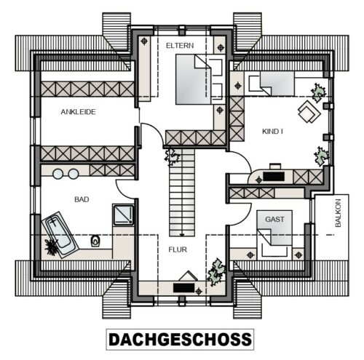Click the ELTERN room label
[x=180, y=45]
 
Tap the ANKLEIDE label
[x=78, y=112]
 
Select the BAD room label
[x=82, y=199]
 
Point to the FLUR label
[x=178, y=249]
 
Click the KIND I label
[x=272, y=132]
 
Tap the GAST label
[x=274, y=220]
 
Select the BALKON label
[x=338, y=213]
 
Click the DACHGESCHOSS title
[x=180, y=340]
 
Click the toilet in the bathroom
[x=96, y=241]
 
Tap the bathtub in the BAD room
[x=60, y=235]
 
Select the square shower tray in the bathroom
[x=124, y=215]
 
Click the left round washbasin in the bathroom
[x=58, y=174]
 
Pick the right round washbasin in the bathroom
[x=74, y=174]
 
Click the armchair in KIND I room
[x=309, y=112]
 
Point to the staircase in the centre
[x=182, y=192]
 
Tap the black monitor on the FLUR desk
[x=184, y=287]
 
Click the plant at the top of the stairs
[x=173, y=156]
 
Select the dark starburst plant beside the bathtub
[x=52, y=247]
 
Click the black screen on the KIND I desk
[x=274, y=177]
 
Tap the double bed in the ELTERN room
[x=200, y=79]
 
